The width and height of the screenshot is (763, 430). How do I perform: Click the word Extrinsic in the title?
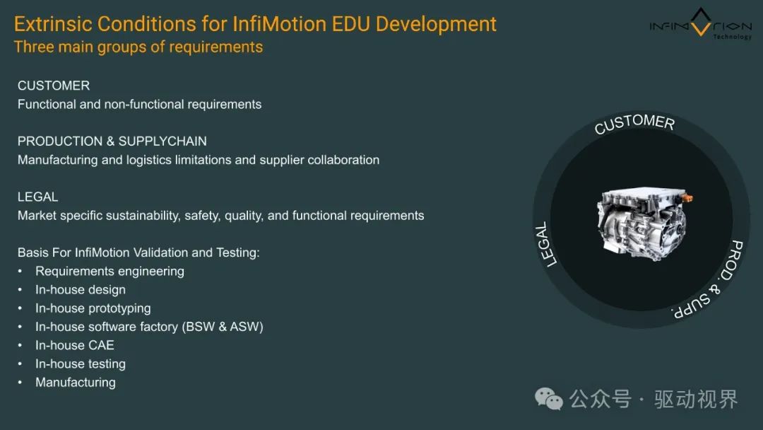pyautogui.click(x=53, y=24)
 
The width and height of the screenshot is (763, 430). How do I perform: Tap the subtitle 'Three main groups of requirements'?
pyautogui.click(x=138, y=47)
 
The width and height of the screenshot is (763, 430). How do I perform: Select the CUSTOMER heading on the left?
pyautogui.click(x=54, y=86)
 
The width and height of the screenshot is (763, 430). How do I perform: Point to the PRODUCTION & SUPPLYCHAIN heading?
pyautogui.click(x=112, y=141)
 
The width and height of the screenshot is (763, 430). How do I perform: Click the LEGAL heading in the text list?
pyautogui.click(x=38, y=197)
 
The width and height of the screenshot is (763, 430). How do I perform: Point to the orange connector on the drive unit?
pyautogui.click(x=687, y=198)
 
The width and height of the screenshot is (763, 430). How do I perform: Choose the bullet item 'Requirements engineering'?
pyautogui.click(x=110, y=272)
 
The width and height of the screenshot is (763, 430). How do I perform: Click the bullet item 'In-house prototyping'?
pyautogui.click(x=93, y=308)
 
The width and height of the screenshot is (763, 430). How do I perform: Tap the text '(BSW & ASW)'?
pyautogui.click(x=223, y=327)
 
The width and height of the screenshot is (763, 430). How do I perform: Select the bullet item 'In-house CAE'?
pyautogui.click(x=75, y=345)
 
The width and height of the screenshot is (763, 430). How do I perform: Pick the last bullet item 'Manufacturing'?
pyautogui.click(x=76, y=383)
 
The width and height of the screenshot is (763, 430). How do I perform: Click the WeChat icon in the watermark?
pyautogui.click(x=549, y=399)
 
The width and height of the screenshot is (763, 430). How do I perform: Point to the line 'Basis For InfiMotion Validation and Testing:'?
pyautogui.click(x=138, y=252)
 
